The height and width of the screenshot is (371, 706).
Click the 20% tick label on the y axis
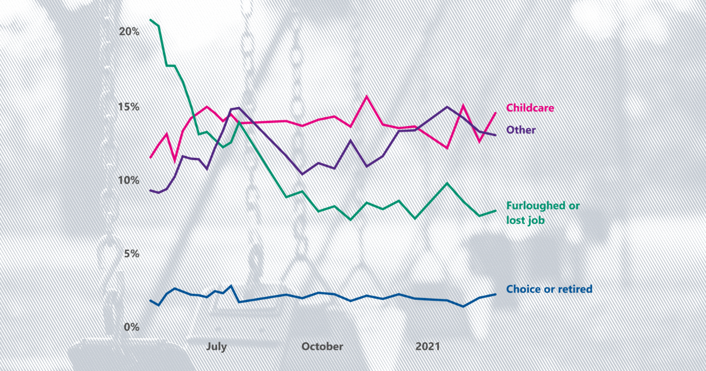[129, 32]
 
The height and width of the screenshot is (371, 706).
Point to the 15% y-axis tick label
[129, 107]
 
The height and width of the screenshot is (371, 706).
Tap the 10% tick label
[129, 180]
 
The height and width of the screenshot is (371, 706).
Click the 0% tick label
[132, 327]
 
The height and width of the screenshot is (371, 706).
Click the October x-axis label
[322, 347]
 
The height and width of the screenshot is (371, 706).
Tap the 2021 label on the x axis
[428, 347]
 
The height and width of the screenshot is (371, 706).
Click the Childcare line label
[530, 108]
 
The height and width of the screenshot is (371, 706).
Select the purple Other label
[521, 130]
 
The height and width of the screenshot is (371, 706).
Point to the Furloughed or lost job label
[542, 213]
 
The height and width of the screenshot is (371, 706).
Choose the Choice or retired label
[549, 289]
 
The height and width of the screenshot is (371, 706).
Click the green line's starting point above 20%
[151, 20]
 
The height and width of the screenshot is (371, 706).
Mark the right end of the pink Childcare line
[496, 112]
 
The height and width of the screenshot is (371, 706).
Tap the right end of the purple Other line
[496, 135]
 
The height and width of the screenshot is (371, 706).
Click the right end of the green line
[496, 210]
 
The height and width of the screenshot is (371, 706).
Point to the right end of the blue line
[496, 294]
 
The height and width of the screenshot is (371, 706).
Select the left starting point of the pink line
[151, 157]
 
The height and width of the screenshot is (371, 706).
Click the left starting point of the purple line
[151, 190]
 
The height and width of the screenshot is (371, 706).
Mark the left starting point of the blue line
[151, 300]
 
